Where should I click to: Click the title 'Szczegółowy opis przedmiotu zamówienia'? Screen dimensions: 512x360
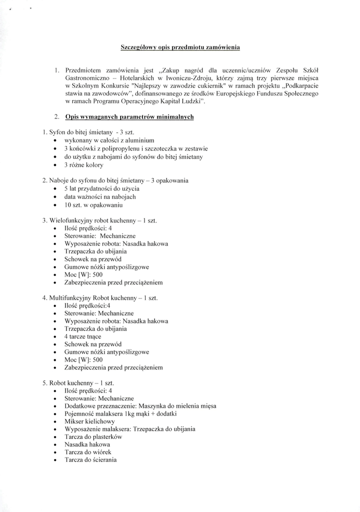(x=180, y=47)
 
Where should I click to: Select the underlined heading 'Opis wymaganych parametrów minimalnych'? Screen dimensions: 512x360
(x=129, y=117)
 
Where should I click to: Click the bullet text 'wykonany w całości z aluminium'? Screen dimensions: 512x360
(x=109, y=140)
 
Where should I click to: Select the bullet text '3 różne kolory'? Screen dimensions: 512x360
(x=83, y=164)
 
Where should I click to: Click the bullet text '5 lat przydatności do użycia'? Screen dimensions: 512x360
(x=102, y=188)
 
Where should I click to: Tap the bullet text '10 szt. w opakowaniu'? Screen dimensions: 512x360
(x=93, y=204)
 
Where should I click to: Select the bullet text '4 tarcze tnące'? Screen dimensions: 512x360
(x=82, y=336)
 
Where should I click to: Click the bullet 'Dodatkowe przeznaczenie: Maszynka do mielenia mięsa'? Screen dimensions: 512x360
(x=140, y=406)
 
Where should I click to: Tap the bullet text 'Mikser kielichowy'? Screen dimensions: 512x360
(x=89, y=421)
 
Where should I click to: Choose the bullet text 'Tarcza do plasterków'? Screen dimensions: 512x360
(x=93, y=436)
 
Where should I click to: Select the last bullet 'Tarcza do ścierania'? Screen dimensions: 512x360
(x=90, y=459)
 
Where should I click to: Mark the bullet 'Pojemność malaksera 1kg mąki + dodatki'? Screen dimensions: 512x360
(x=120, y=413)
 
